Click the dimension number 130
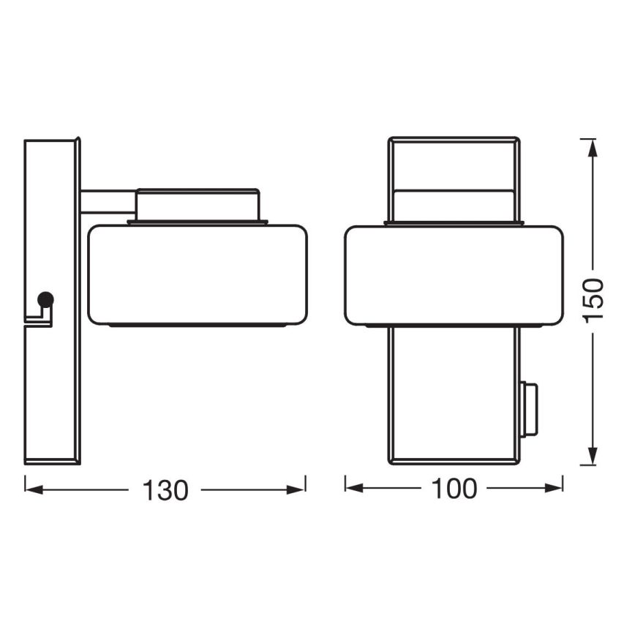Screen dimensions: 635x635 165,489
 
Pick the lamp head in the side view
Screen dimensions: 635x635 197,274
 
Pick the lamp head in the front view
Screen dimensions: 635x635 454,274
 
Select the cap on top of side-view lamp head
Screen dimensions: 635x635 198,204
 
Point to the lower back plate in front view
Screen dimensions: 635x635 454,395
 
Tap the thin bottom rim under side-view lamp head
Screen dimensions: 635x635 197,324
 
